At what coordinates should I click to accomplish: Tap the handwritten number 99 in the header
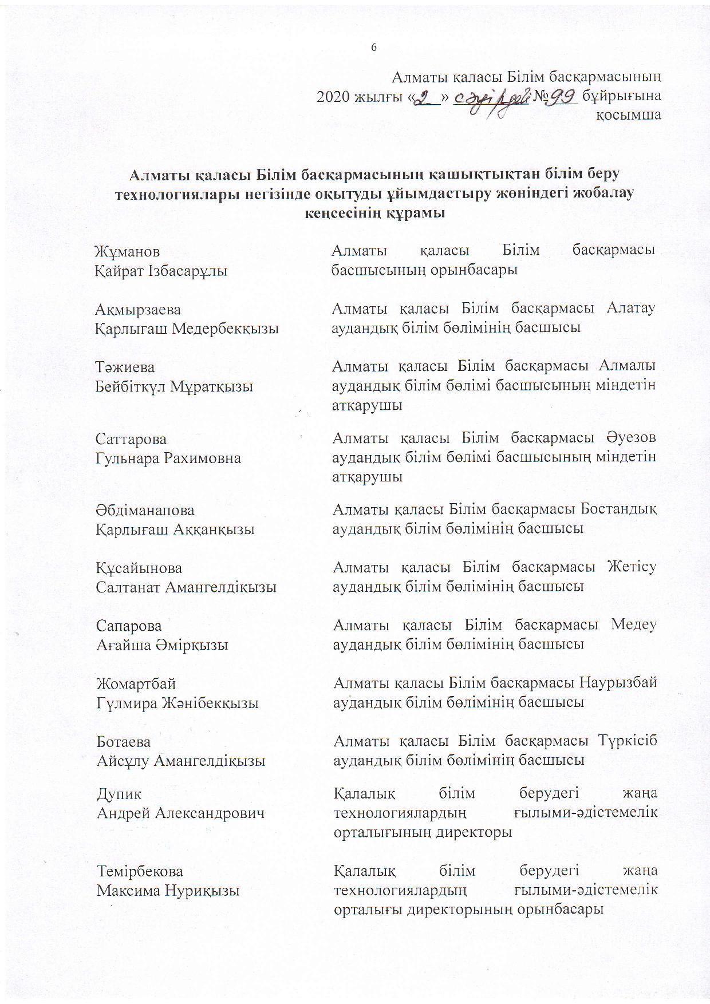click(559, 99)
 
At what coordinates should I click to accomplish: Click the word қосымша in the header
click(629, 115)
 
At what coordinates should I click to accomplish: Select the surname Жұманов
click(128, 251)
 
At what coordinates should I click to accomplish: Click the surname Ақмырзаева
click(138, 310)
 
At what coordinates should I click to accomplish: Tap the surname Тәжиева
click(125, 367)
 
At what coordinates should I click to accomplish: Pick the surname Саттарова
click(131, 439)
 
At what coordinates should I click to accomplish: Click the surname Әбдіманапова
click(145, 510)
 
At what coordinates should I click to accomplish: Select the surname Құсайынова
click(139, 568)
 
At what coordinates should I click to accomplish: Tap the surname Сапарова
click(129, 626)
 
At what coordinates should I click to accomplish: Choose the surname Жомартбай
click(136, 684)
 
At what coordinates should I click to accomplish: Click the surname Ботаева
click(124, 742)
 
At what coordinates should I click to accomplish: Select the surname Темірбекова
click(140, 872)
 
